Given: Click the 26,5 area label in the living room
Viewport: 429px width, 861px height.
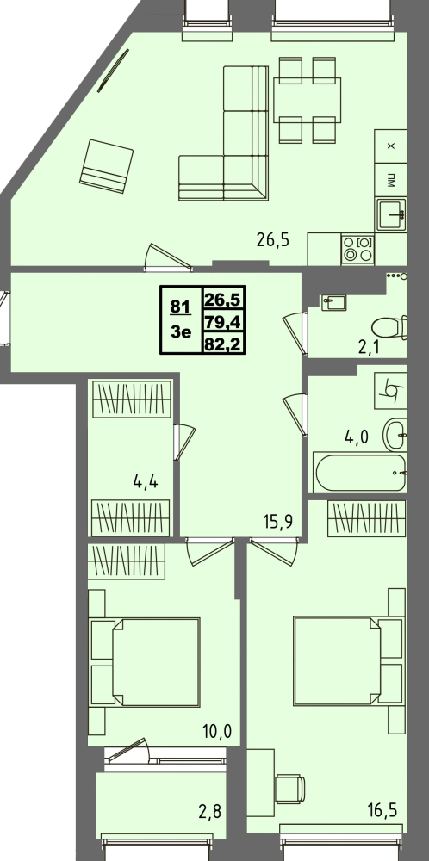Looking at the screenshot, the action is (x=273, y=239).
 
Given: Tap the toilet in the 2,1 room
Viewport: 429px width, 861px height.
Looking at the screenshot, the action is (x=389, y=328).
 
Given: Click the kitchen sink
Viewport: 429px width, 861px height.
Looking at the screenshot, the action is (x=392, y=214).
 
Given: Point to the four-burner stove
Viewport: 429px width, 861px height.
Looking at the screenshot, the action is (x=357, y=249).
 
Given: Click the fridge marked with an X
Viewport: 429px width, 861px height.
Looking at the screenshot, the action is (x=391, y=146).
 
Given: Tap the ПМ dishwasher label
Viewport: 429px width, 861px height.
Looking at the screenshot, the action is (x=391, y=181).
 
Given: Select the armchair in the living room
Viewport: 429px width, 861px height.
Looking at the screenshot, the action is (x=107, y=166).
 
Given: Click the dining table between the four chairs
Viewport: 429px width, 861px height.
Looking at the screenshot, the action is (x=307, y=100).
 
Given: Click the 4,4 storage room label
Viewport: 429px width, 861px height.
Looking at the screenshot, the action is (x=146, y=482).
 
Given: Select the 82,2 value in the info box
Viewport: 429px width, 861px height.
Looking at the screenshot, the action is (x=224, y=344).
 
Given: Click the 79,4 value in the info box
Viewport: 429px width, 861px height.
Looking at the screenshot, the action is (x=224, y=322).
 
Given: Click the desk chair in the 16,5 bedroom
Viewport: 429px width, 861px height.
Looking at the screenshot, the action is (x=289, y=789).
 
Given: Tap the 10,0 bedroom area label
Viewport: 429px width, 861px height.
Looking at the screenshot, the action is (x=216, y=731).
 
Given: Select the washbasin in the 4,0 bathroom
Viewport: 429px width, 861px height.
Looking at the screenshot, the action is (x=395, y=435).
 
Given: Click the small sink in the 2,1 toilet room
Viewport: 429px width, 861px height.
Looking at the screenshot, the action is (x=333, y=302).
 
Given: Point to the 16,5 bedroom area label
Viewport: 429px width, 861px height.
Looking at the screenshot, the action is (x=382, y=809).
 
